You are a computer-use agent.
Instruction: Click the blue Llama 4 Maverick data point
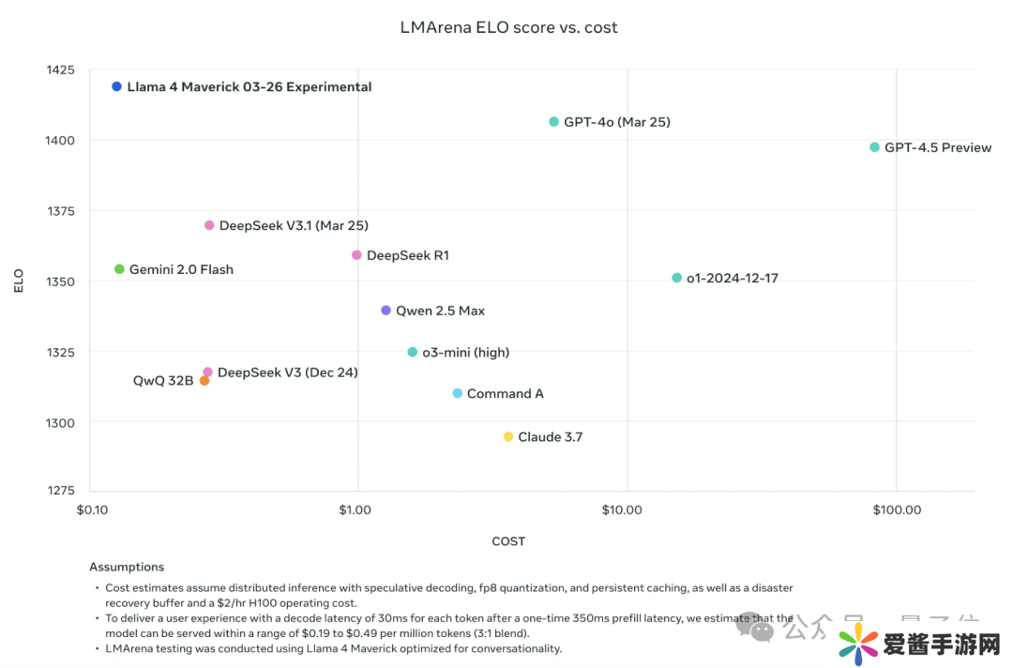coord(117,86)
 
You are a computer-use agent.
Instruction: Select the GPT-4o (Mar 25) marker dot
coord(553,122)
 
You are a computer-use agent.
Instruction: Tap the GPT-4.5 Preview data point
coord(874,147)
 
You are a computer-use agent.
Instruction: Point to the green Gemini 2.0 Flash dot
coord(119,269)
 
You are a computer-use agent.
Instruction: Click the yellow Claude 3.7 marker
coord(508,437)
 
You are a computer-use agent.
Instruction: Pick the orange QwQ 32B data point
coord(204,381)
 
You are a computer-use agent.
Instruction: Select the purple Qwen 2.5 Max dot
coord(386,311)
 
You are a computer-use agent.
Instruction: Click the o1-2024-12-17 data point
coord(676,278)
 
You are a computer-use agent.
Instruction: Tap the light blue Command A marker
coord(457,393)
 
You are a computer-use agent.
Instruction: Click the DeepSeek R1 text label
coord(407,255)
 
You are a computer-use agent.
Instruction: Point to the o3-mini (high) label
coord(465,353)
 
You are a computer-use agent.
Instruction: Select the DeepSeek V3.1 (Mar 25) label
coord(293,226)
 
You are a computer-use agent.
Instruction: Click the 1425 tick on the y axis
coord(60,70)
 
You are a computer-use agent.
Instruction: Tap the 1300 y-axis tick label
coord(60,423)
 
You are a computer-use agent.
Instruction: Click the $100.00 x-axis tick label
coord(896,509)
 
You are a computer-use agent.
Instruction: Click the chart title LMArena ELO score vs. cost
coord(508,27)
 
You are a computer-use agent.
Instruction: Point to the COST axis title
coord(508,541)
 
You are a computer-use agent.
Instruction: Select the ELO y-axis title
coord(19,281)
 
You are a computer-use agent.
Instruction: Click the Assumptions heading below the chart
coord(127,567)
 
